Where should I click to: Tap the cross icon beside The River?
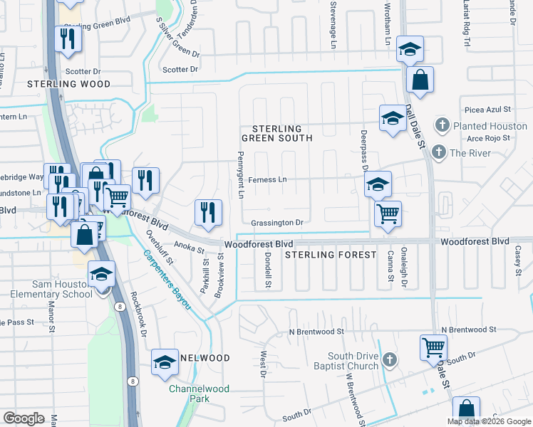[439, 152]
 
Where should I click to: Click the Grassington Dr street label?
[277, 223]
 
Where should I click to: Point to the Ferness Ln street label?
[267, 180]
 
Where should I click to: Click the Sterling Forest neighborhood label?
[331, 254]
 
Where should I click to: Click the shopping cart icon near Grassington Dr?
[388, 213]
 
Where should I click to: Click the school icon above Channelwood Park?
[165, 362]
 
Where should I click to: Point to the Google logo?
[24, 418]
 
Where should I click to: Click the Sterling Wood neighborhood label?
[69, 84]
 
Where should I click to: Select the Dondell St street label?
[269, 270]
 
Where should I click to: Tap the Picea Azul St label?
[487, 110]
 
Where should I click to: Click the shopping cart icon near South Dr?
[433, 347]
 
